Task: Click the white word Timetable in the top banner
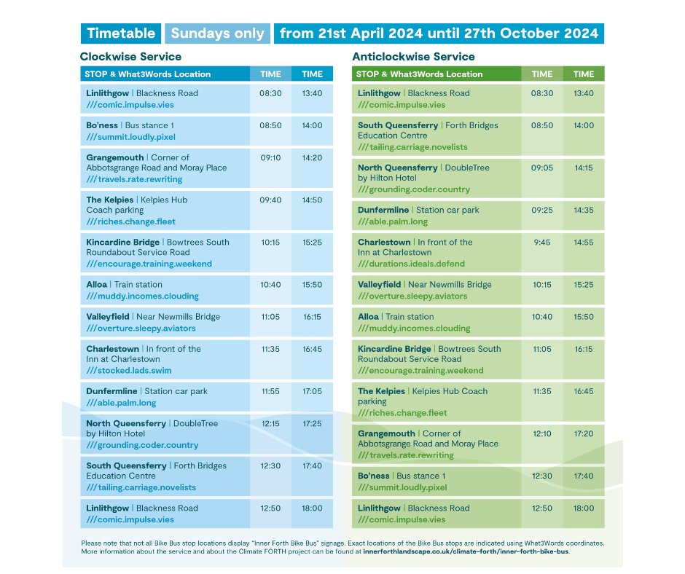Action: pyautogui.click(x=121, y=34)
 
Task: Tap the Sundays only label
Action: pyautogui.click(x=217, y=34)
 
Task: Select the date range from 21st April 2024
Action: pyautogui.click(x=439, y=34)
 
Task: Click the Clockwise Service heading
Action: pyautogui.click(x=131, y=57)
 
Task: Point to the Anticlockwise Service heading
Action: pyautogui.click(x=413, y=57)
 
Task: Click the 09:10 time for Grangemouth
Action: pyautogui.click(x=270, y=157)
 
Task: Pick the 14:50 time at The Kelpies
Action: pyautogui.click(x=312, y=200)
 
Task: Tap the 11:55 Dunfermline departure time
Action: pyautogui.click(x=270, y=391)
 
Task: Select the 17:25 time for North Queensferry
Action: pyautogui.click(x=312, y=423)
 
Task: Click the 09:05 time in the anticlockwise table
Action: pyautogui.click(x=542, y=168)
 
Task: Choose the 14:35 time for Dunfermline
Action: pyautogui.click(x=584, y=210)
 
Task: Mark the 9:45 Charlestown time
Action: pyautogui.click(x=542, y=243)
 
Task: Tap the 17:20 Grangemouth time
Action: pyautogui.click(x=584, y=433)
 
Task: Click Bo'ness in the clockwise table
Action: pyautogui.click(x=102, y=125)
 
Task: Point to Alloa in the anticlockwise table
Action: pyautogui.click(x=368, y=317)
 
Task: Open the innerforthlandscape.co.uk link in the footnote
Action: pyautogui.click(x=466, y=552)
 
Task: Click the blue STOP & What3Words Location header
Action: pyautogui.click(x=148, y=74)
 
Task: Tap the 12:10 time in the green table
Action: pyautogui.click(x=542, y=433)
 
